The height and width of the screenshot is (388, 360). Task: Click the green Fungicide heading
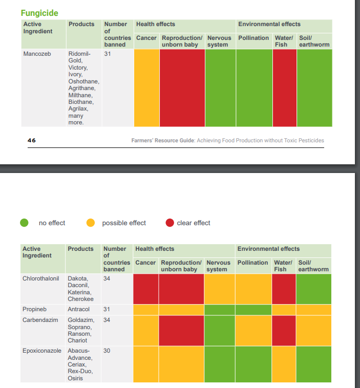click(39, 13)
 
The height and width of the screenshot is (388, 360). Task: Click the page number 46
click(32, 140)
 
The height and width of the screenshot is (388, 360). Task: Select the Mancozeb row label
click(37, 54)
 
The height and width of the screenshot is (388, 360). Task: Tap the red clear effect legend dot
click(170, 223)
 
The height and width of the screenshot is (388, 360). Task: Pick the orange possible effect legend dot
click(91, 223)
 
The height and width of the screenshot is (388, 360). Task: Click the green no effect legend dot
click(24, 223)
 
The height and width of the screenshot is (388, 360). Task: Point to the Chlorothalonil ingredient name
click(41, 278)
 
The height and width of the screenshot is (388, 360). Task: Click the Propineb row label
click(34, 309)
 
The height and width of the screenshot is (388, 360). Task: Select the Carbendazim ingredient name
click(40, 320)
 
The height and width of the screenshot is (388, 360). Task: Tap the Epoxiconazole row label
click(42, 351)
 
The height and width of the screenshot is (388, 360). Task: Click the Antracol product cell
click(79, 309)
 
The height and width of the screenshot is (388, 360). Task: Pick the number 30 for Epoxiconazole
click(107, 351)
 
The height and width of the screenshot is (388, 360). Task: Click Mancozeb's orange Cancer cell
click(146, 88)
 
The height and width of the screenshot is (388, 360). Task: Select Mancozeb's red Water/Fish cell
click(285, 88)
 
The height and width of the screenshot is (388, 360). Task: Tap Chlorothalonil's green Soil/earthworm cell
click(314, 289)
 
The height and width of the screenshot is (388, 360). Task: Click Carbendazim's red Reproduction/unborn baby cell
click(181, 331)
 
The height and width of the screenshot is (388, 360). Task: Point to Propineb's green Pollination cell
click(253, 310)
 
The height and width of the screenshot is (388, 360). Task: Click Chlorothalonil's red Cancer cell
click(146, 289)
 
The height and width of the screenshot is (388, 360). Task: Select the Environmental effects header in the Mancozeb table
click(269, 24)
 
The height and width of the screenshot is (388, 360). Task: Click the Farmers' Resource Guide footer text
click(227, 141)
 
